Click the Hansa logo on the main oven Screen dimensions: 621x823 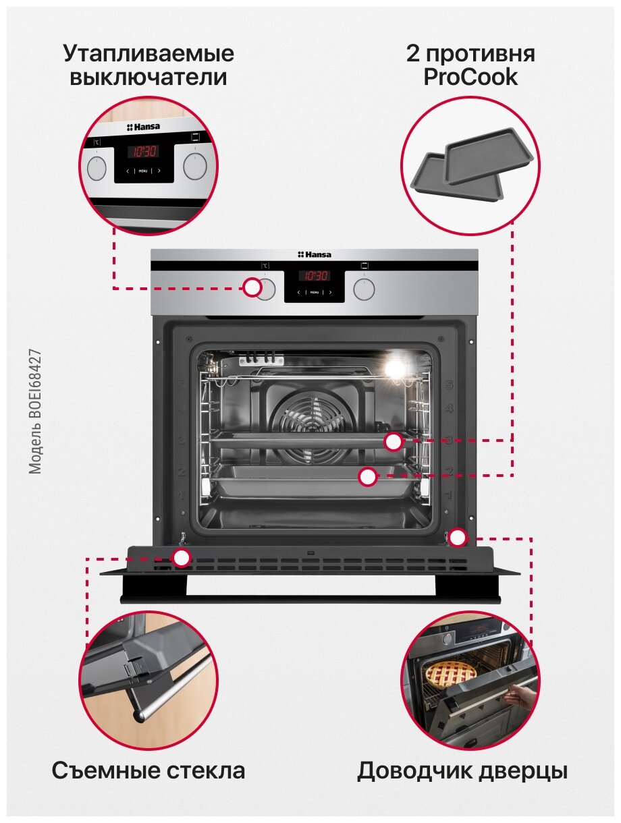tap(315, 254)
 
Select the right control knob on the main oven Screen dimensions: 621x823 tap(364, 289)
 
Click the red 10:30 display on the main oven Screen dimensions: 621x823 tap(314, 276)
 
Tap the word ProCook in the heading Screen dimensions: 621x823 tap(470, 77)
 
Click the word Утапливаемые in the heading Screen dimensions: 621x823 tap(148, 53)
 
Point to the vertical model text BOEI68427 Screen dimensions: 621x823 tap(36, 412)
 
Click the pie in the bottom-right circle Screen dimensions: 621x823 tap(451, 672)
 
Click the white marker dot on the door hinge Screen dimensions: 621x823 tap(458, 538)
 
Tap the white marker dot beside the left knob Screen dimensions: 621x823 tap(252, 287)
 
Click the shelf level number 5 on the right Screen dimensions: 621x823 tap(448, 386)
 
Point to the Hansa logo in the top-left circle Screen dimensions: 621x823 tap(143, 127)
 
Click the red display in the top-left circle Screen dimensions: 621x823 tap(143, 152)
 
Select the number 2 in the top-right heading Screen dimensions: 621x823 tap(413, 53)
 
